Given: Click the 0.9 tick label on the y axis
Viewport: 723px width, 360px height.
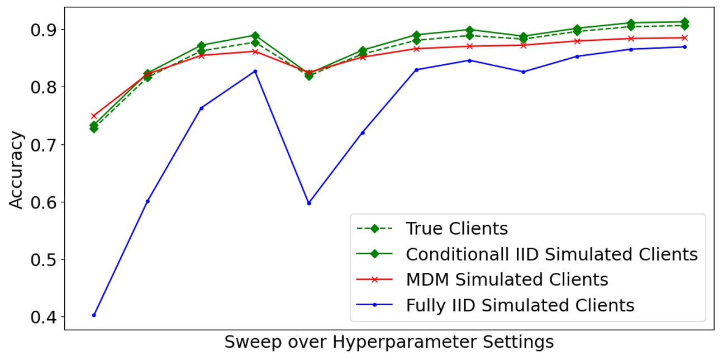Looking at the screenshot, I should click(42, 29).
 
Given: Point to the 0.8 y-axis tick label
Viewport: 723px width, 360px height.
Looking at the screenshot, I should click(42, 87).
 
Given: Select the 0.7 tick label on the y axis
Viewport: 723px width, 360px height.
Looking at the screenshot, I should click(42, 144).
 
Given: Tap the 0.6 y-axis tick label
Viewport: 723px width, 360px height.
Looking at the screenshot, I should click(42, 202).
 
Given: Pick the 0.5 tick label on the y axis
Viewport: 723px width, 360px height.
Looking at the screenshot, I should click(42, 259).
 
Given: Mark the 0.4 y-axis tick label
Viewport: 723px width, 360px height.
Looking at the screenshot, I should click(42, 317).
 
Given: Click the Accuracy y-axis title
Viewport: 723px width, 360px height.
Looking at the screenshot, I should click(17, 170).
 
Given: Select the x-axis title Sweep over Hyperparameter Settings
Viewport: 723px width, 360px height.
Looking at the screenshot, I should click(389, 342).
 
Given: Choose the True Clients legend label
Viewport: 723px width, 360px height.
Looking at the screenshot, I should click(456, 229).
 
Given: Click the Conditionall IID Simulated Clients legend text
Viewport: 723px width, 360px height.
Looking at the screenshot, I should click(551, 254).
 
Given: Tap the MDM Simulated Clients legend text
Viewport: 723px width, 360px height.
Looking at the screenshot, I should click(507, 280).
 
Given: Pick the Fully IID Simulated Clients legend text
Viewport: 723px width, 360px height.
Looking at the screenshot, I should click(520, 305).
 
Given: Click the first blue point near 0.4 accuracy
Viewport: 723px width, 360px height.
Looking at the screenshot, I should click(94, 315).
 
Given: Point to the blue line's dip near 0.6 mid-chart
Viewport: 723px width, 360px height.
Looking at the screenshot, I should click(308, 203).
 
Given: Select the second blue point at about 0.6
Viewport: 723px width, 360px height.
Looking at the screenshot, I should click(148, 201).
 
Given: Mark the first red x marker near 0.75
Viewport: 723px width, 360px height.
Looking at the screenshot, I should click(94, 116).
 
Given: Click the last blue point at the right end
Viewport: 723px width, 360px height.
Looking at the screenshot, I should click(684, 47).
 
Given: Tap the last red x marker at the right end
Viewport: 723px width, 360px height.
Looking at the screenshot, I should click(684, 38).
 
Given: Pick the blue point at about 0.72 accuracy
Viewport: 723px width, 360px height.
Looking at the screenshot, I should click(363, 132).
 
